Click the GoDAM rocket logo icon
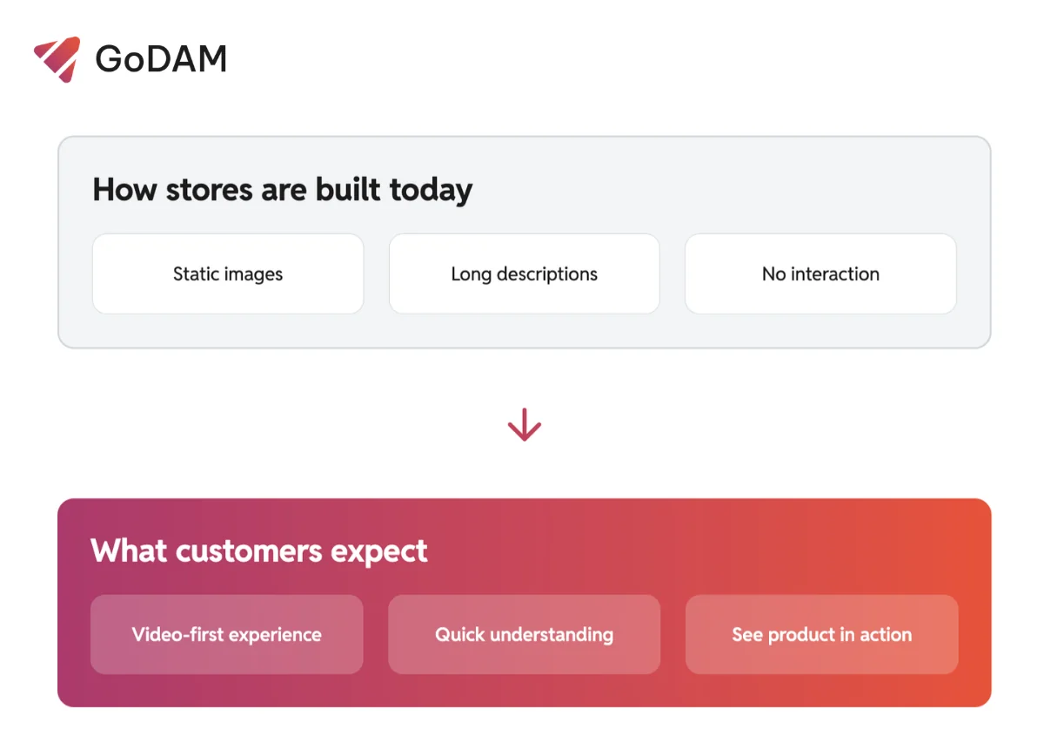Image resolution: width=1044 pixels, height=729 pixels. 57,59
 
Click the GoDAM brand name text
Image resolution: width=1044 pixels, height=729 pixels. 161,59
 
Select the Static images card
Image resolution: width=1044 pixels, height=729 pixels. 228,273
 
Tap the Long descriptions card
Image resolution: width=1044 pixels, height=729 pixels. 525,273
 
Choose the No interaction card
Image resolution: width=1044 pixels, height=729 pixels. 820,273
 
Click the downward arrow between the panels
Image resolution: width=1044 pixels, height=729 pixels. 525,424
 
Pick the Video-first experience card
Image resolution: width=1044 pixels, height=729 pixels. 227,634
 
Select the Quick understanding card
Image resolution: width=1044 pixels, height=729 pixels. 525,634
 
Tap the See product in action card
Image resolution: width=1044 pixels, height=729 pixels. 821,634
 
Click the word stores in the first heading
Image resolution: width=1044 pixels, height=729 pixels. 210,191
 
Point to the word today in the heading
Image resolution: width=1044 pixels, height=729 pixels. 432,192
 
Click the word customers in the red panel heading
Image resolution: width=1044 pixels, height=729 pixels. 249,551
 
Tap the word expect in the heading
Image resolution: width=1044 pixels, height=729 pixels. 379,552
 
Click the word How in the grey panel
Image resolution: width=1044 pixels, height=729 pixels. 124,190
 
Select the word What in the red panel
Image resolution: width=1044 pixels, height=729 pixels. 129,550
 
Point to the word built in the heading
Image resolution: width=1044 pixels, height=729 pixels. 348,190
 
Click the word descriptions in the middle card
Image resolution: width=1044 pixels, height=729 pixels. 547,274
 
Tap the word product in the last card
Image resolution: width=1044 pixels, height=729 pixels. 801,635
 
